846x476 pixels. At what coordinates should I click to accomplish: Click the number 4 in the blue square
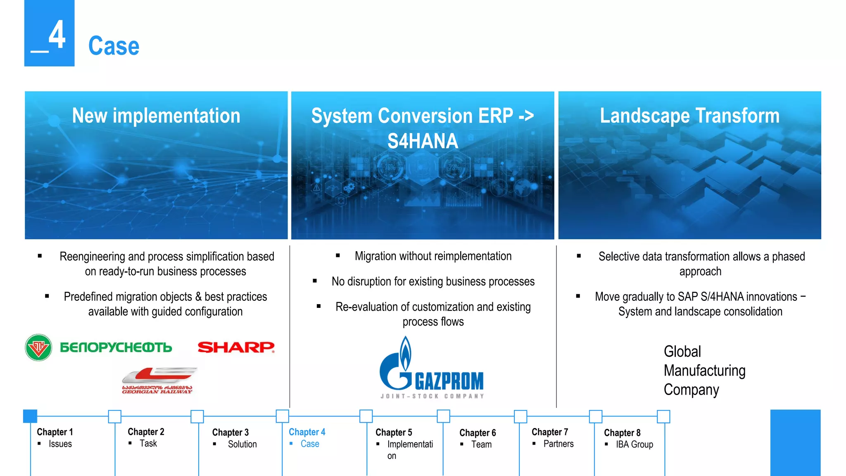57,35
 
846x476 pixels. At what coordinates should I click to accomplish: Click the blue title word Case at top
114,46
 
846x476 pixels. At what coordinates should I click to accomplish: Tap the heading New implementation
156,116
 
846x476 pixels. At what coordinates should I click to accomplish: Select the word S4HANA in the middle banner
423,141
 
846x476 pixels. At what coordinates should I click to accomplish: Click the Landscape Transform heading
689,116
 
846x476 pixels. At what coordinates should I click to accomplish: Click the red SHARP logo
236,347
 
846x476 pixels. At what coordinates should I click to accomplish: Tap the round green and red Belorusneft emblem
38,347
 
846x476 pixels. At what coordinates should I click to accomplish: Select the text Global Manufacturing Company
704,371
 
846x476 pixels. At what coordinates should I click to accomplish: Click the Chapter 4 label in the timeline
307,432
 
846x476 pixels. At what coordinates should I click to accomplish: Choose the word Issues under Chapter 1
60,444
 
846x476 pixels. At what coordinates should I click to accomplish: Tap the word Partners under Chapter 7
558,444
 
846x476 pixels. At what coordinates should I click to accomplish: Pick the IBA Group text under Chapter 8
634,445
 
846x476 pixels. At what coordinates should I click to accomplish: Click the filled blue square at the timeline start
30,416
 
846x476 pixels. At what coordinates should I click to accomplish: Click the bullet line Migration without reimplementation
433,256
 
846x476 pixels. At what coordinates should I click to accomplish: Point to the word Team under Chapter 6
481,445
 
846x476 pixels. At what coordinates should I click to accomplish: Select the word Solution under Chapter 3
242,444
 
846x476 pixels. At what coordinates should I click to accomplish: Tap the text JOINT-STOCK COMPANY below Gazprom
432,396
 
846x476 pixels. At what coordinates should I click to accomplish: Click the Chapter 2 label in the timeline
146,432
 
